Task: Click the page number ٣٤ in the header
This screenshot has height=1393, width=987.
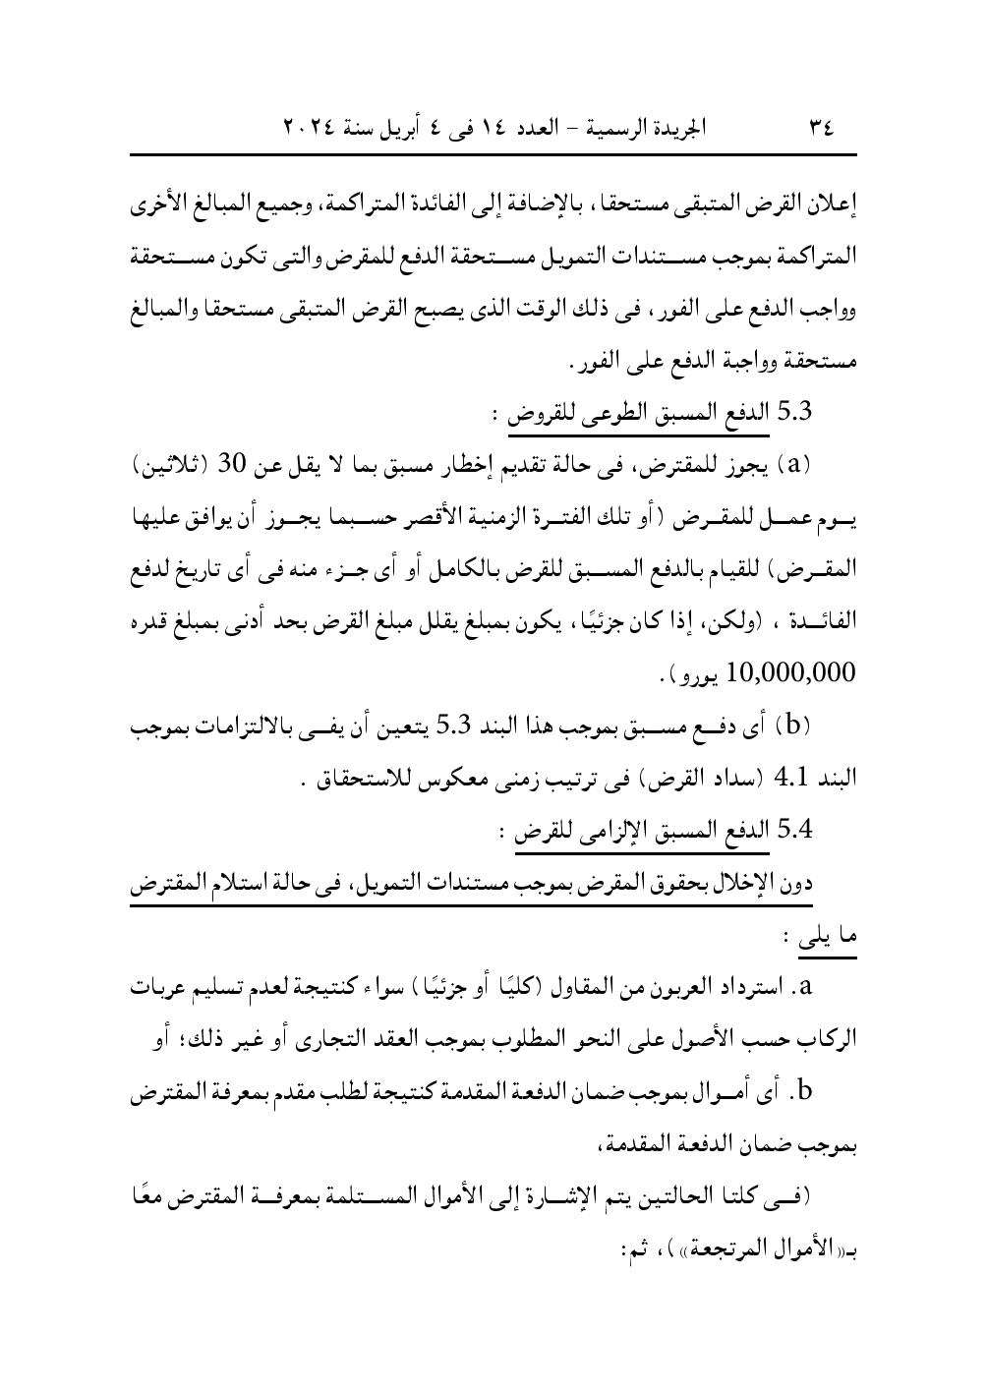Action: point(819,128)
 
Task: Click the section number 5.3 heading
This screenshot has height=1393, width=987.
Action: point(792,412)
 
